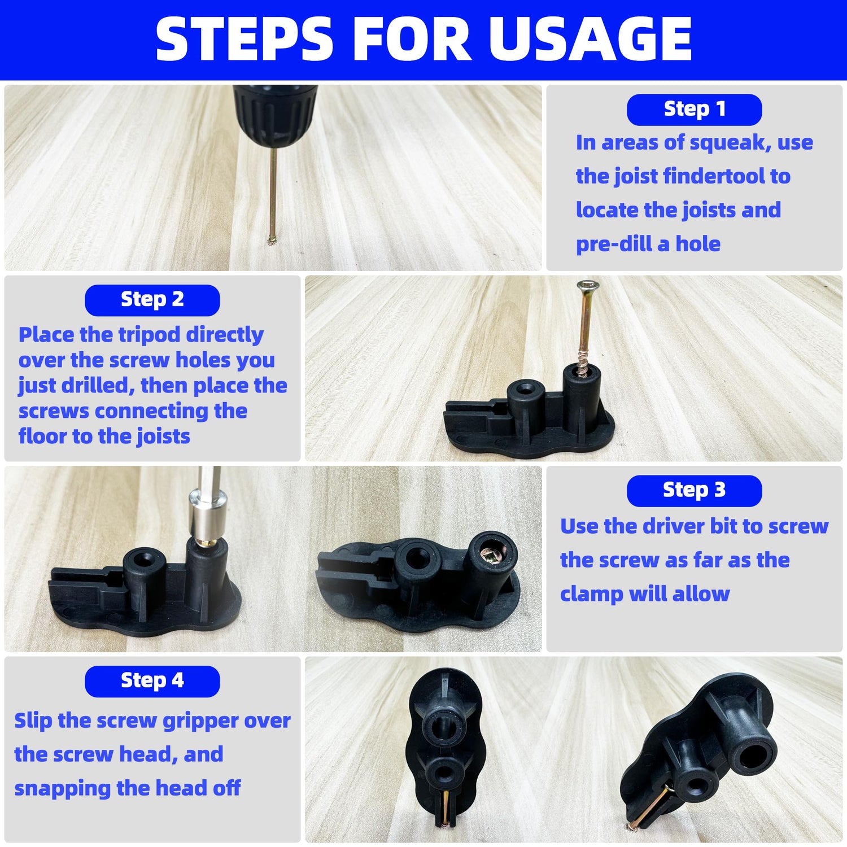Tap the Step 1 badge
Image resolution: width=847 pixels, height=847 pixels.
694,109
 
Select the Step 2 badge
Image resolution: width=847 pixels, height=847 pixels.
152,299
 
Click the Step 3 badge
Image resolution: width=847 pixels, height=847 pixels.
694,490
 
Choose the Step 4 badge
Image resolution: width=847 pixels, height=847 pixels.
152,680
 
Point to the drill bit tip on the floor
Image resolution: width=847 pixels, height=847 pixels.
271,241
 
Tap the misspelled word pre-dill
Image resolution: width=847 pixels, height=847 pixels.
614,244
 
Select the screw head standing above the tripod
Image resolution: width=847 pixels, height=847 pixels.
588,285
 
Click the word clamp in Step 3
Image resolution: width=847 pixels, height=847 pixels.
591,594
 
